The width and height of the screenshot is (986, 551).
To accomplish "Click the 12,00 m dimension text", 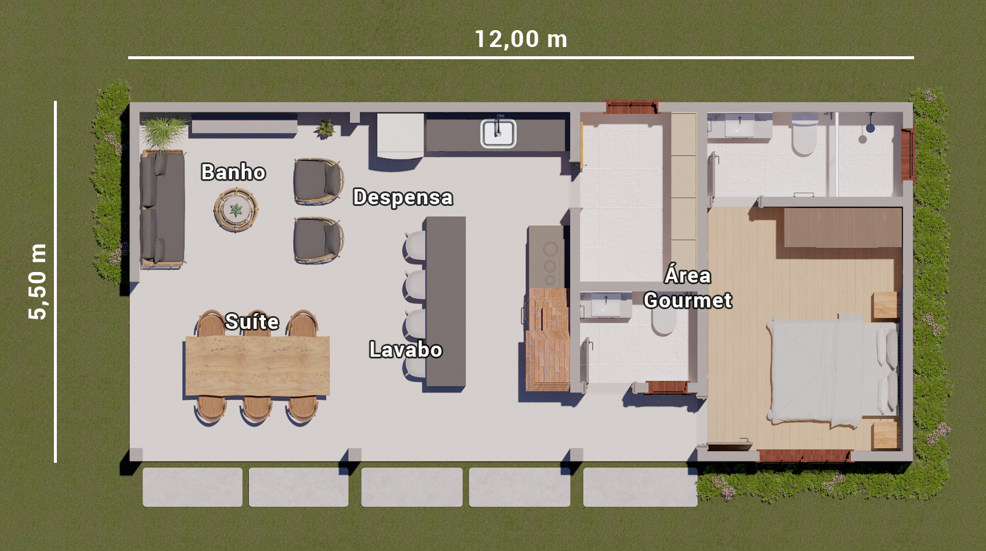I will pos(520,39).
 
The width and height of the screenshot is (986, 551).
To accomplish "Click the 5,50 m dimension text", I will pos(38,282).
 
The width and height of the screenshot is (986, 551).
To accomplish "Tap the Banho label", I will pos(233,172).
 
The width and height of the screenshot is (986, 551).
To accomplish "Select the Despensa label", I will pos(403,198).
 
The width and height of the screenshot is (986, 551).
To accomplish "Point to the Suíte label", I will pos(252,322).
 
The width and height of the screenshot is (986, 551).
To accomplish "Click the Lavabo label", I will pos(405,350).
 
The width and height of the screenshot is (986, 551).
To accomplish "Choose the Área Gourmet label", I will pos(688,288).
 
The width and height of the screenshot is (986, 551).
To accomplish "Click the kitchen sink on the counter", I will pos(498,133).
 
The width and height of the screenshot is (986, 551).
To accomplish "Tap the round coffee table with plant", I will pos(235,210).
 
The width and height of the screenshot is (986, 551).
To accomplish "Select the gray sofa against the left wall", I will pos(162,209).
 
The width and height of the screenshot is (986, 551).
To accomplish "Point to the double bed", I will pos(832,371).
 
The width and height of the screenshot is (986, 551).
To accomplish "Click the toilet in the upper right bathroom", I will pos(804,136).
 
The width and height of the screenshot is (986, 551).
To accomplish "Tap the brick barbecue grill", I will pos(548,339).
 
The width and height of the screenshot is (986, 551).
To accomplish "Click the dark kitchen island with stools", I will pos(445,302).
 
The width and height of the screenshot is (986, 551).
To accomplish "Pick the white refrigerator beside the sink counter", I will pos(400,135).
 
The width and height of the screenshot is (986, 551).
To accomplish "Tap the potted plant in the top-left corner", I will pos(164,130).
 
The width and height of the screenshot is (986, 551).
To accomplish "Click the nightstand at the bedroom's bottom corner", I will pos(885,435).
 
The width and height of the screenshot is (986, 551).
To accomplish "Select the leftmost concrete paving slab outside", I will pos(193,487).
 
